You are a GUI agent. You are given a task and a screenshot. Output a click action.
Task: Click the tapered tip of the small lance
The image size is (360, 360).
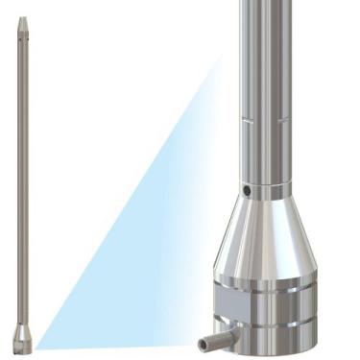[22, 24]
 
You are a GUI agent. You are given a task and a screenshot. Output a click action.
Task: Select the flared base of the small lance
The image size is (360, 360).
[22, 337]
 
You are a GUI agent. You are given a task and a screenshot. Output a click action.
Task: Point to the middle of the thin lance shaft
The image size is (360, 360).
[22, 182]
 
